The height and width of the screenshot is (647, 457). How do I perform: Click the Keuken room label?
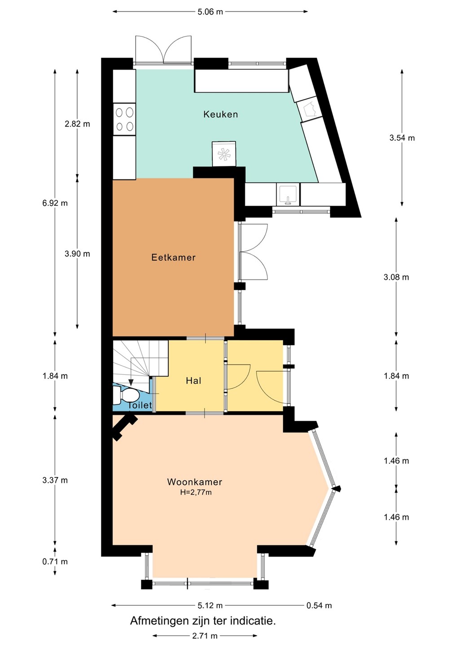[220, 115]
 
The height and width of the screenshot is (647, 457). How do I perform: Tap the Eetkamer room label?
[173, 257]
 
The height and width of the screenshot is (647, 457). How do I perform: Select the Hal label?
[193, 381]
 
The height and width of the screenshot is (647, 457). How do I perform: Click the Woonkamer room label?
[194, 482]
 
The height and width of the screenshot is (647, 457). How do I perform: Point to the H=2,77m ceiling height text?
[196, 492]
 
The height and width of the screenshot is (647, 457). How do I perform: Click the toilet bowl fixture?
[126, 395]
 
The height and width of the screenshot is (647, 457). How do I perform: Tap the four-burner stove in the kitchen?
[124, 119]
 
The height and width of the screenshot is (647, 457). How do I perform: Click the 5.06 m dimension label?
[211, 12]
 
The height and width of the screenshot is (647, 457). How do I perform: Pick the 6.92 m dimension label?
[55, 203]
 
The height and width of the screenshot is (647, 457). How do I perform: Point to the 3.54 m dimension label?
[402, 138]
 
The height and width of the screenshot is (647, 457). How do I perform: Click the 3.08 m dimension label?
[396, 277]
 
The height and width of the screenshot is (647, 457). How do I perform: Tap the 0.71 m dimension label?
[55, 562]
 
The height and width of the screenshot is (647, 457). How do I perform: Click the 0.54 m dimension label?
[319, 605]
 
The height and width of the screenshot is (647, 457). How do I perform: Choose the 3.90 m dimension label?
[77, 253]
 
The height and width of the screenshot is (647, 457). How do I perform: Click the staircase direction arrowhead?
[131, 382]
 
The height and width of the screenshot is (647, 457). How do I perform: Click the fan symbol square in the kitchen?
[224, 154]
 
